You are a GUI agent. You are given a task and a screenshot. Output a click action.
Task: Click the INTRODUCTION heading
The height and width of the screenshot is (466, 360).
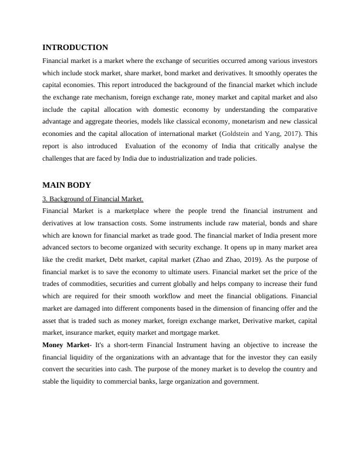(x=75, y=48)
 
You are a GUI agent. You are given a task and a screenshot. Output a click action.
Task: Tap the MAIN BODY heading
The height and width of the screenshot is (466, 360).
(x=66, y=185)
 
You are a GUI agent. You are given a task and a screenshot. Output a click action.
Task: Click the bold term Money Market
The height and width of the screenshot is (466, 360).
(x=67, y=345)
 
